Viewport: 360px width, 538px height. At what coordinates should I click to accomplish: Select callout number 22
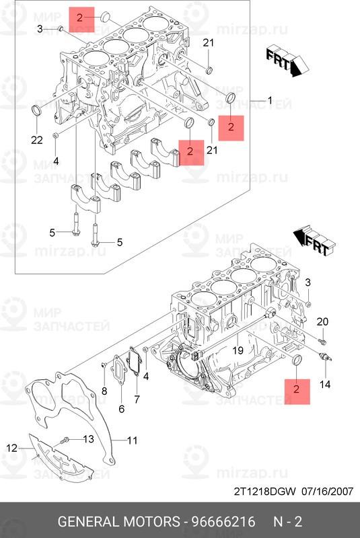click(36, 139)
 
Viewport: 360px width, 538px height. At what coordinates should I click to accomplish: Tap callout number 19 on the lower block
click(238, 350)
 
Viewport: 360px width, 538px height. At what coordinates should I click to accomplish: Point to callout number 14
click(325, 385)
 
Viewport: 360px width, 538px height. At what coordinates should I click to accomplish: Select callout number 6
click(121, 409)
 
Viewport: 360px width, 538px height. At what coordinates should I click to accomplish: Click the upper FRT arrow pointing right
click(283, 62)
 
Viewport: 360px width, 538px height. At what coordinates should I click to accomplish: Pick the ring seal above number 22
click(37, 110)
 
